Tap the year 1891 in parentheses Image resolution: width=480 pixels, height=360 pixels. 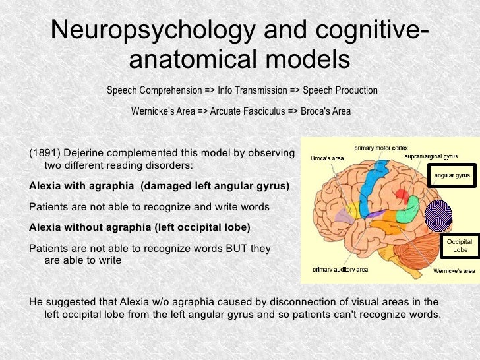tap(43, 153)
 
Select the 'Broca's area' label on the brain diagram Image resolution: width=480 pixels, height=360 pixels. tap(327, 158)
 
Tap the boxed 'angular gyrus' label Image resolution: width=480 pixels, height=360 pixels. tap(452, 176)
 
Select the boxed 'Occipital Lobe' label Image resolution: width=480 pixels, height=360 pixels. tap(460, 247)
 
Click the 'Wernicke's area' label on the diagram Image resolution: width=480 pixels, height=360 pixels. tap(454, 271)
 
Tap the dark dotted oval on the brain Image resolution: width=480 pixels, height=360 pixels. tap(438, 215)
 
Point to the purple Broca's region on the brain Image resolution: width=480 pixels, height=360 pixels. tap(344, 215)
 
